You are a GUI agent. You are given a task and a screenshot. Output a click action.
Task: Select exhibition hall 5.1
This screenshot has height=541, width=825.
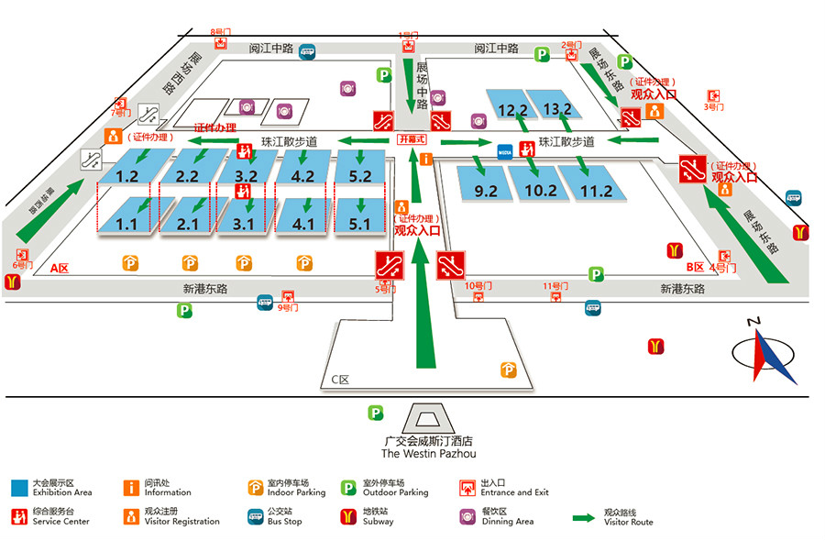[358, 223]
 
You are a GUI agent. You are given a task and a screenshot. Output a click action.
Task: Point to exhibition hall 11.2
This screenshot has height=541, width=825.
[597, 191]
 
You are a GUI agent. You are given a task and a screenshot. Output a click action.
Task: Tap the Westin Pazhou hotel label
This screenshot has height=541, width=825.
[428, 447]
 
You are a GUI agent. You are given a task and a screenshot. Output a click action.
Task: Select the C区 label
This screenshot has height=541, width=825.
[341, 379]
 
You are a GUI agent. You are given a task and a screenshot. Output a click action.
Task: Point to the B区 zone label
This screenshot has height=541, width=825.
[695, 267]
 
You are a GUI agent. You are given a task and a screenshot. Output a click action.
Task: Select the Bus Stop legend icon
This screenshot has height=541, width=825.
[255, 515]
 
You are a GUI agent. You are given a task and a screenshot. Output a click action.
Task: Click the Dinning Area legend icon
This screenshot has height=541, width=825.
[467, 515]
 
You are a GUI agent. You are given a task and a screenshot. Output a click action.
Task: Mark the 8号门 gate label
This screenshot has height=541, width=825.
[220, 32]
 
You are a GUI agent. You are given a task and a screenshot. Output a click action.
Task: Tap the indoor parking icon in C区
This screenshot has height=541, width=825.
[508, 370]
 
